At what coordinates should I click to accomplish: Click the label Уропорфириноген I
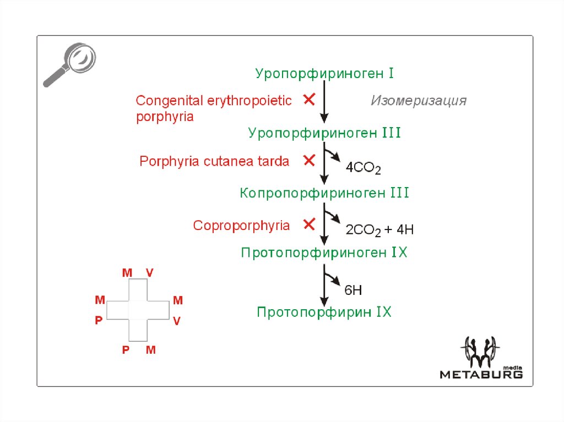324,73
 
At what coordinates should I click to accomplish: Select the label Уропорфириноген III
324,133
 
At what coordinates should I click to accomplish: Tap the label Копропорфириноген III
324,193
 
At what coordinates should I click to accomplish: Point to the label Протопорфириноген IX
324,253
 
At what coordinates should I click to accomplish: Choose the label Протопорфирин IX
324,313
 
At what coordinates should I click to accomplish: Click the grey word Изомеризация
419,101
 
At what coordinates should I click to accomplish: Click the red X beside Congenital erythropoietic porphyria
309,100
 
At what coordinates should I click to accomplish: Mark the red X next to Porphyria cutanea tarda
309,161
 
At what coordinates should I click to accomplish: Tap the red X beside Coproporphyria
309,224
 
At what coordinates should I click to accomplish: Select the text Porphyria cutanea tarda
214,162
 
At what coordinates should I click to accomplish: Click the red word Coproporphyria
241,226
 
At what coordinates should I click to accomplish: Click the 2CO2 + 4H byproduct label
379,229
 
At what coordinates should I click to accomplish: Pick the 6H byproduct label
353,289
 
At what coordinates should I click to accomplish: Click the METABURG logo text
481,374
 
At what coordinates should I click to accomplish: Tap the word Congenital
169,101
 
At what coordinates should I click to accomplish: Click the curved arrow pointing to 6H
332,276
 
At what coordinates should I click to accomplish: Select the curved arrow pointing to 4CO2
332,155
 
